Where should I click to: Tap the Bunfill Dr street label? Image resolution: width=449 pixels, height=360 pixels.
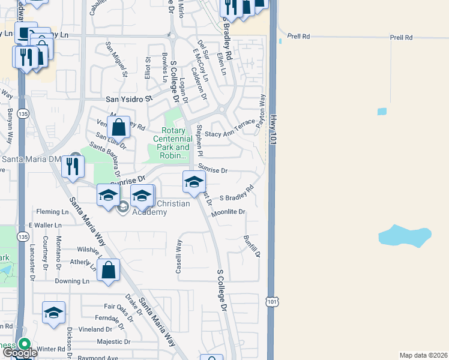click(x=252, y=246)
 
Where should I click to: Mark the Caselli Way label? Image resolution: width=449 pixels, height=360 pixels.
click(x=179, y=256)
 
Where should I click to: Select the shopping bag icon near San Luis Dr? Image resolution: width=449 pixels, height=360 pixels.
click(x=119, y=127)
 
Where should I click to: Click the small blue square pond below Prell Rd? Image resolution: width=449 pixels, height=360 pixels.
click(x=382, y=112)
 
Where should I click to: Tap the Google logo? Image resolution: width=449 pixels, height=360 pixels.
click(x=19, y=352)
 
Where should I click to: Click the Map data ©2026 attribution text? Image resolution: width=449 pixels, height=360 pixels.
click(x=423, y=355)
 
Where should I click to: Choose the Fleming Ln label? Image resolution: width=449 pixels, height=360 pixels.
click(x=52, y=212)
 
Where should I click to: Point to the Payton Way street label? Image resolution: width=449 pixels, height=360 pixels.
click(x=261, y=112)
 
